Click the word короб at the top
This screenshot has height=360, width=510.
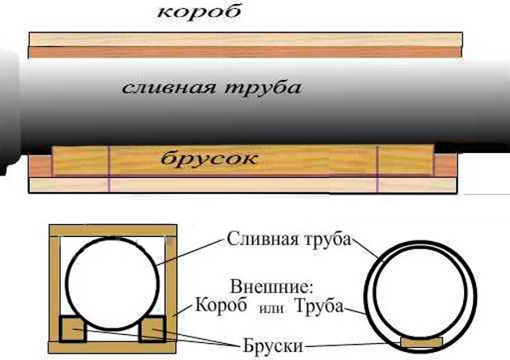[x=199, y=12]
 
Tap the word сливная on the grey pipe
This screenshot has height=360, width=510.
[x=168, y=88]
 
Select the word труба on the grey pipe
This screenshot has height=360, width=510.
[x=263, y=88]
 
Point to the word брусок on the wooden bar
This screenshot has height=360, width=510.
[x=209, y=159]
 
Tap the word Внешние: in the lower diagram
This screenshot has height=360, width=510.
[x=272, y=287]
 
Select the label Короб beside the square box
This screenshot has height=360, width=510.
[x=221, y=306]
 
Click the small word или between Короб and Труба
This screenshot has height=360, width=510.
[x=271, y=308]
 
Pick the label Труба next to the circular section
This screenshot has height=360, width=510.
[x=318, y=306]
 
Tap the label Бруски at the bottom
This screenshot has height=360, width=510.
[x=273, y=346]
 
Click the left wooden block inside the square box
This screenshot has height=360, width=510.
[x=73, y=328]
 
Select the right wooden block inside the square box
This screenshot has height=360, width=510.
[x=152, y=328]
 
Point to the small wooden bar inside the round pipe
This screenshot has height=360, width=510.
[x=422, y=342]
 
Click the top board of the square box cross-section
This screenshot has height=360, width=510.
[x=113, y=230]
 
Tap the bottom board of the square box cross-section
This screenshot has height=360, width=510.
[x=112, y=347]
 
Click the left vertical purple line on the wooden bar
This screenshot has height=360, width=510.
[x=109, y=168]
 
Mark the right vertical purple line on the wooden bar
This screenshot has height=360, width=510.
[x=377, y=168]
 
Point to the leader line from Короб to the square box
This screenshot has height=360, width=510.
[x=183, y=311]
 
